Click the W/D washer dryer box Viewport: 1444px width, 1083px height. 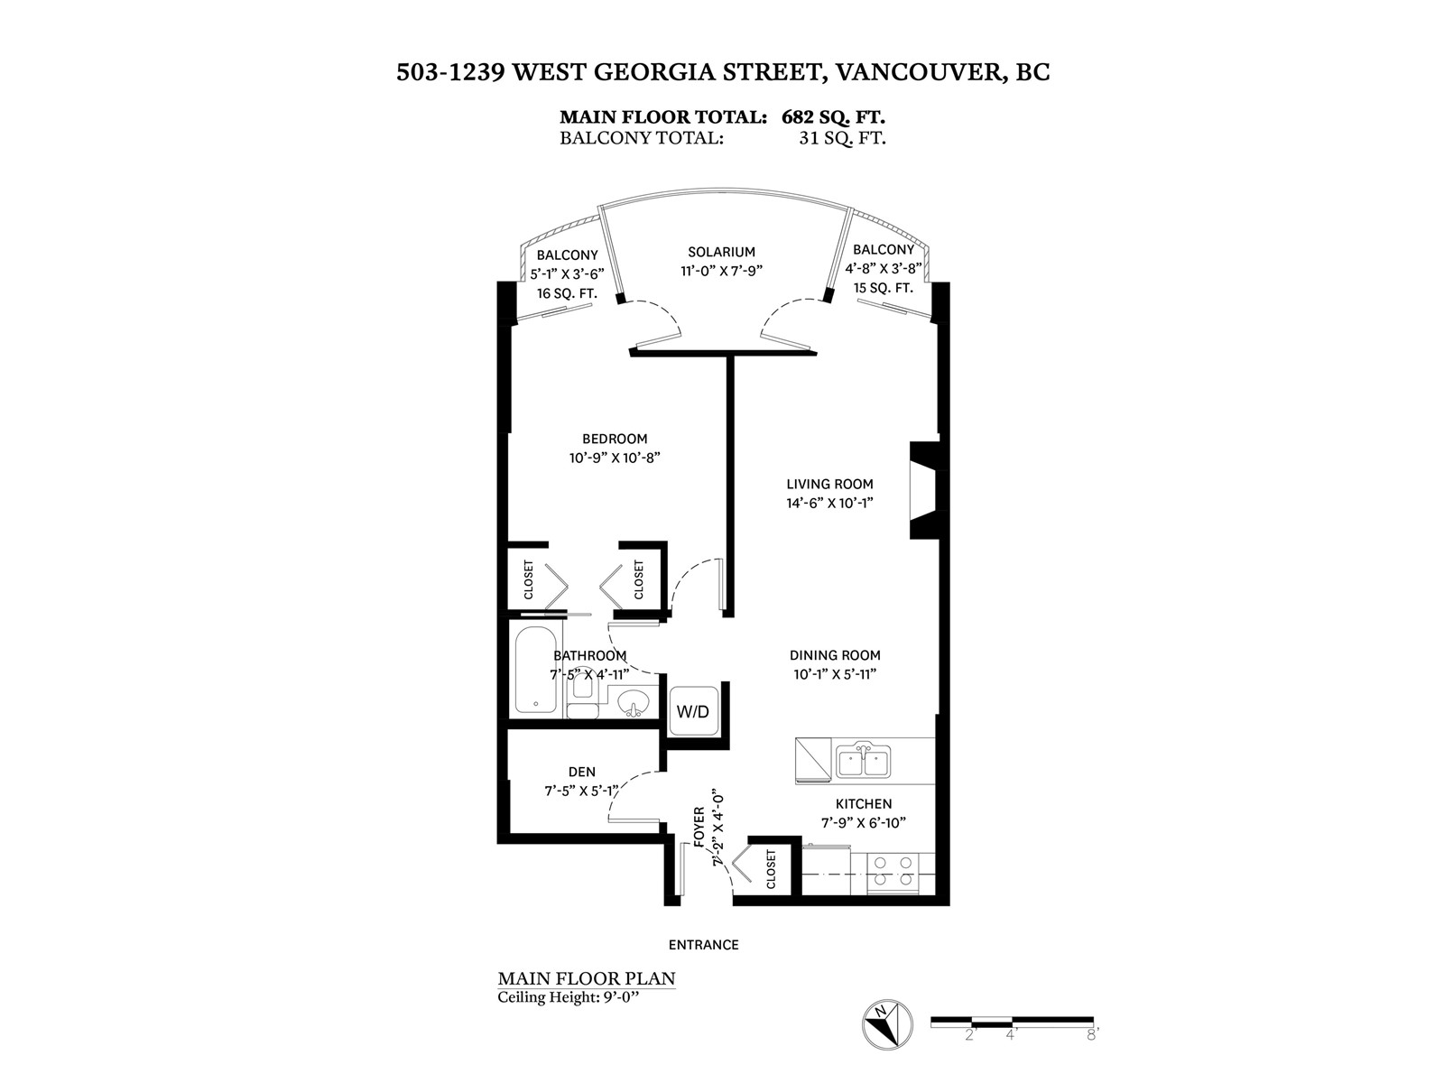pos(693,711)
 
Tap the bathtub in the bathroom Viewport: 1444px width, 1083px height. pos(536,669)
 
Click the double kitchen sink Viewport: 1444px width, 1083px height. pos(863,761)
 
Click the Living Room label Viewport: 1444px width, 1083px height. pos(829,485)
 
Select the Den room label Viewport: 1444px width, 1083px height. pos(582,772)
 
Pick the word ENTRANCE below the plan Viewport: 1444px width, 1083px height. pos(704,945)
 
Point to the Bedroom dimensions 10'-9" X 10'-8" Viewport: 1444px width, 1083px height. pos(615,458)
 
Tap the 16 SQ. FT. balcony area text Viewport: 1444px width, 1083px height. pos(567,293)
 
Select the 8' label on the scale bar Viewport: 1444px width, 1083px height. pos(1093,1035)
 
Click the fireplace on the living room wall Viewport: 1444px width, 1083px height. pos(924,490)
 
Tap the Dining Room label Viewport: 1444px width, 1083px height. pos(835,656)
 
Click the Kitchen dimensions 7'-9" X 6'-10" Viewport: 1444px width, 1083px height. pos(864,822)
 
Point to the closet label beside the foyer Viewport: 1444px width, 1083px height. pos(772,869)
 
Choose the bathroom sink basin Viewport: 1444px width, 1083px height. pos(634,701)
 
